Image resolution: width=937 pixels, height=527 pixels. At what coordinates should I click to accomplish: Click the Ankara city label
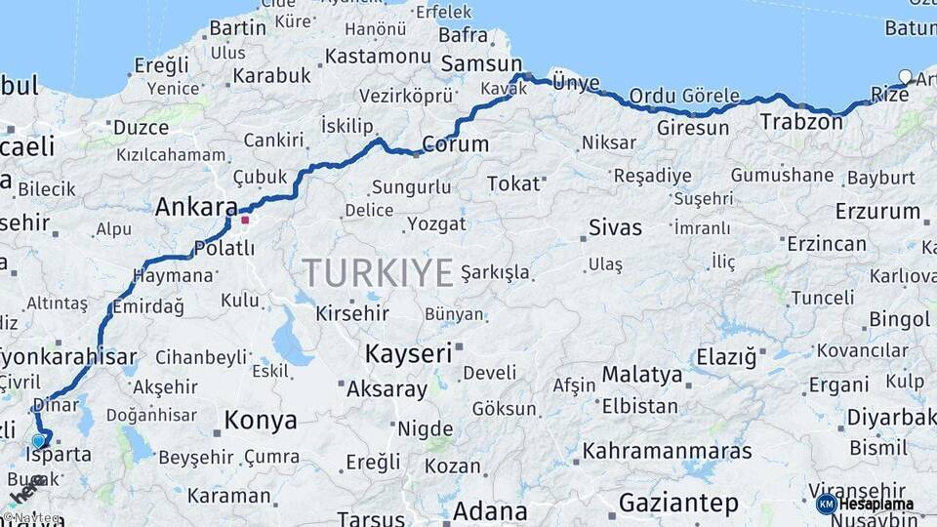195,207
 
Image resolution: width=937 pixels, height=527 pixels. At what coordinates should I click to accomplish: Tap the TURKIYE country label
378,272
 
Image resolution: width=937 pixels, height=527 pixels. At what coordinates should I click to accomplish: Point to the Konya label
261,421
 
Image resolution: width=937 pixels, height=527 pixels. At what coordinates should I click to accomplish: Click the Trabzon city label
800,122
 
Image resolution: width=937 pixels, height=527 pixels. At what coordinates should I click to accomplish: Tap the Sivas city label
615,228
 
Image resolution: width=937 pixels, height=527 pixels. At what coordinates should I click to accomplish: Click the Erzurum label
877,211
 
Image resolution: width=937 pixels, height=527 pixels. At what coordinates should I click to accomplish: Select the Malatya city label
641,374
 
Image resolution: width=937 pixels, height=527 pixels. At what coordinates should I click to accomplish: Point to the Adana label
490,510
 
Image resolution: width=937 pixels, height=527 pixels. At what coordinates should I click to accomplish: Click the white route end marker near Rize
906,77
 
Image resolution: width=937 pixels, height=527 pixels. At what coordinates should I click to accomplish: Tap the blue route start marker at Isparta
39,441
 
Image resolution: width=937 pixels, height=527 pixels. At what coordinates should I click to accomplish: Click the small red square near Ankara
245,220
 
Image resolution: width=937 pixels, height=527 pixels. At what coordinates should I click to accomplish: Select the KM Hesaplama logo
866,504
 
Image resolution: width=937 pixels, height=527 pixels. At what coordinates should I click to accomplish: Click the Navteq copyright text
33,518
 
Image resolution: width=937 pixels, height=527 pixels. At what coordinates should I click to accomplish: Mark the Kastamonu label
378,56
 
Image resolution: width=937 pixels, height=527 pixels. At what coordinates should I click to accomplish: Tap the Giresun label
693,128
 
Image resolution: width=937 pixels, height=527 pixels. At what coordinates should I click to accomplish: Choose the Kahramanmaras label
679,452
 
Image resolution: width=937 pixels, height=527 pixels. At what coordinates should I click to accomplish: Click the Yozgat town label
436,223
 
